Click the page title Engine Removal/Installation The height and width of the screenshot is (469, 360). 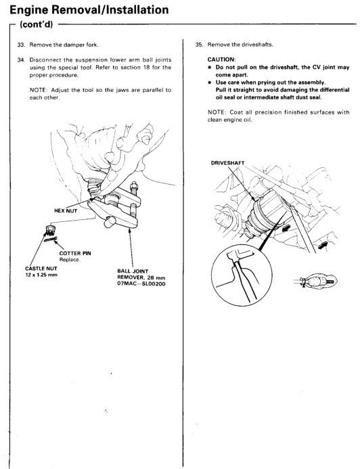[89, 10]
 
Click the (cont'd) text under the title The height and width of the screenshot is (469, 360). [36, 24]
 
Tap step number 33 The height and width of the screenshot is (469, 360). [20, 45]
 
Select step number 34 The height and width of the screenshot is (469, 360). [20, 60]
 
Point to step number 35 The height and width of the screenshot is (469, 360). [199, 45]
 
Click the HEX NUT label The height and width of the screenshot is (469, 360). [66, 211]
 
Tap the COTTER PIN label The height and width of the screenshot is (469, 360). [75, 253]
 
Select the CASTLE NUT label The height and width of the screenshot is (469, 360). [41, 269]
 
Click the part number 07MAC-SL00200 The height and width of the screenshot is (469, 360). [141, 284]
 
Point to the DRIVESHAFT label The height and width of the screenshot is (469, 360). [228, 163]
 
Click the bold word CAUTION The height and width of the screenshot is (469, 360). [221, 60]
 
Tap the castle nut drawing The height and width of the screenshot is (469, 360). [51, 230]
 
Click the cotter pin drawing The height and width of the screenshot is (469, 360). [51, 239]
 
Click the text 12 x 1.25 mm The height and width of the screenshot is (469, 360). [41, 275]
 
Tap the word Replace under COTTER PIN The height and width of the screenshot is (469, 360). [70, 260]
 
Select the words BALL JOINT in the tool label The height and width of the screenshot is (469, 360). [133, 271]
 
